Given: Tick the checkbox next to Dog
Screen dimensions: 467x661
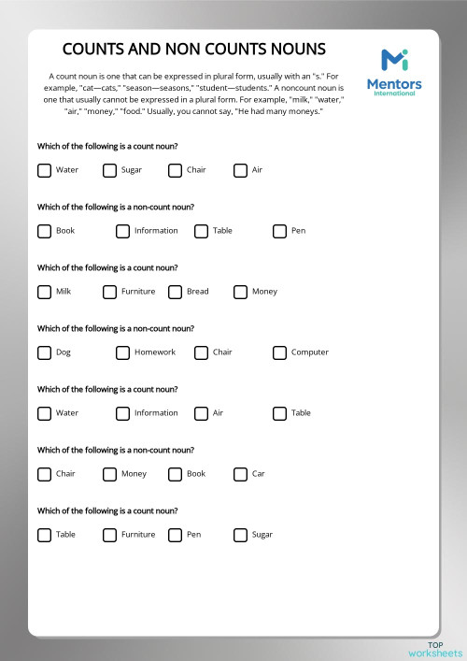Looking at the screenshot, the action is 44,352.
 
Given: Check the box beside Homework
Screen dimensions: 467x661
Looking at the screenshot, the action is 122,352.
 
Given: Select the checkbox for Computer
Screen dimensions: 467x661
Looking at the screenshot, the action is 279,352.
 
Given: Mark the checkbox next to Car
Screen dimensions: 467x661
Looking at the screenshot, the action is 240,474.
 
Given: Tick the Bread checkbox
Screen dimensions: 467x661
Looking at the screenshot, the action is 175,292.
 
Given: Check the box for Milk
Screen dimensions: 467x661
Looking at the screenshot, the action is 44,292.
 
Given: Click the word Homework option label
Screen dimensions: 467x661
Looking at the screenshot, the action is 154,352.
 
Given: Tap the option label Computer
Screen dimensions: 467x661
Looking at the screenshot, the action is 309,352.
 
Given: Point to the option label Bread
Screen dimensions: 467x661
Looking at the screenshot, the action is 197,292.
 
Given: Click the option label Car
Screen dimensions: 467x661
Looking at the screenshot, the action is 258,474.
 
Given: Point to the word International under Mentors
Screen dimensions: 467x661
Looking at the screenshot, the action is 400,93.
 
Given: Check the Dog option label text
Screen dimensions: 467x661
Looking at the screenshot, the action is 64,352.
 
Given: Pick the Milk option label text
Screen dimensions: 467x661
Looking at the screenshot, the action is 64,292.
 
